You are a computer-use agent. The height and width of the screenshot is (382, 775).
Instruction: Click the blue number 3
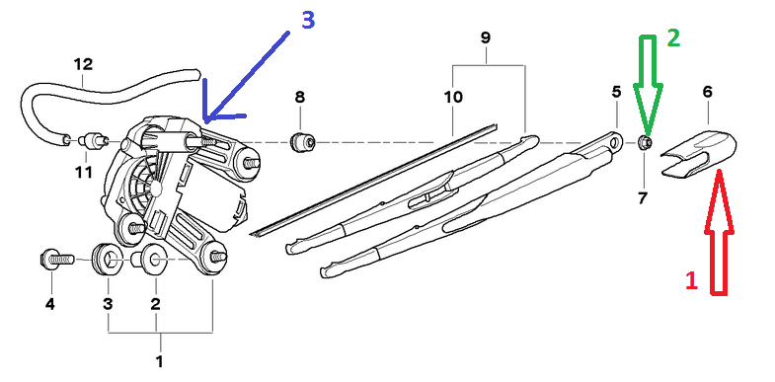coord(307,21)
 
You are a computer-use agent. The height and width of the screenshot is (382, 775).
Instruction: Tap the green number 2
coord(673,38)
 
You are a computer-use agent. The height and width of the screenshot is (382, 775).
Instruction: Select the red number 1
coord(691,280)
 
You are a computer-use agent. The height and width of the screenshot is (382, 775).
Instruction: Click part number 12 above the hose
coord(83,64)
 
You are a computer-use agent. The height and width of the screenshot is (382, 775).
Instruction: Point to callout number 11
coord(84,172)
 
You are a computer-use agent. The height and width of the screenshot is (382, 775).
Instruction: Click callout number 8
coord(300,97)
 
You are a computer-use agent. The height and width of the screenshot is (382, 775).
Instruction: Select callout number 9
coord(486,38)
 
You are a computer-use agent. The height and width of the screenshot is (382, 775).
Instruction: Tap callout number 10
coord(453,97)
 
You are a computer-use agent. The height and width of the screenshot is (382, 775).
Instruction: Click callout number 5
coord(616,92)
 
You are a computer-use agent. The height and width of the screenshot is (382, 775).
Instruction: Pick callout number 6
coord(707,92)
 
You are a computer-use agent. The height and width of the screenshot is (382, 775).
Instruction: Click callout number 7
coord(643,198)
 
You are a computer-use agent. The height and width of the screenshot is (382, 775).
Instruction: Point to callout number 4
coord(50,304)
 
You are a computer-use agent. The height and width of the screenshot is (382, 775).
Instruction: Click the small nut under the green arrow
coord(645,143)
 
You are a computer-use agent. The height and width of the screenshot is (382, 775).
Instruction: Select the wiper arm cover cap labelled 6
coord(698,153)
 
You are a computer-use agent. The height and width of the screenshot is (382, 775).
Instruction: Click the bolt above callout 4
coord(56,259)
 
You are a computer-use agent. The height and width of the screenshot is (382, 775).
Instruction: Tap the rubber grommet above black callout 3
coord(107,259)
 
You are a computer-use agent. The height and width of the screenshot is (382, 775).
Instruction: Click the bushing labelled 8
coord(302,142)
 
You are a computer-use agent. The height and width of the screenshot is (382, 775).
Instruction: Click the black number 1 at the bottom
coord(159,361)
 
